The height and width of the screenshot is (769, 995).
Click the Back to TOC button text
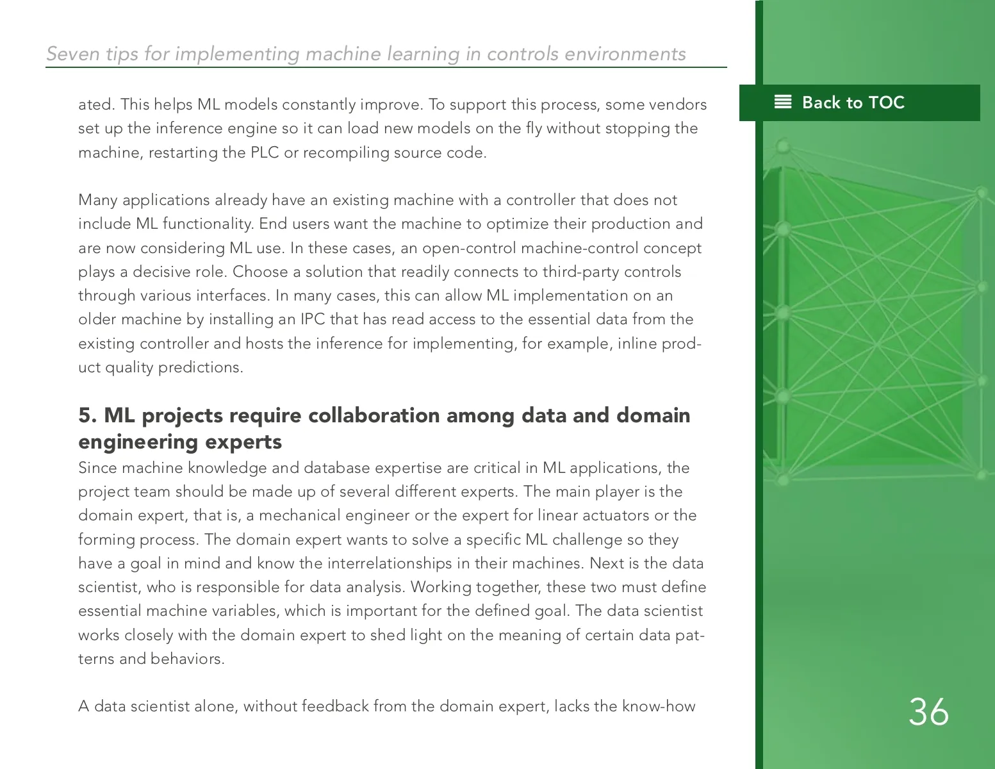coord(853,103)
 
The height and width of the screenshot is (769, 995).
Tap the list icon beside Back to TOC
coord(783,102)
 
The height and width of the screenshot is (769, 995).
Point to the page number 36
coord(928,712)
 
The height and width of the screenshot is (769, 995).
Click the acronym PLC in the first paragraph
coord(264,153)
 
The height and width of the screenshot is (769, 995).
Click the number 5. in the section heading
coord(88,415)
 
